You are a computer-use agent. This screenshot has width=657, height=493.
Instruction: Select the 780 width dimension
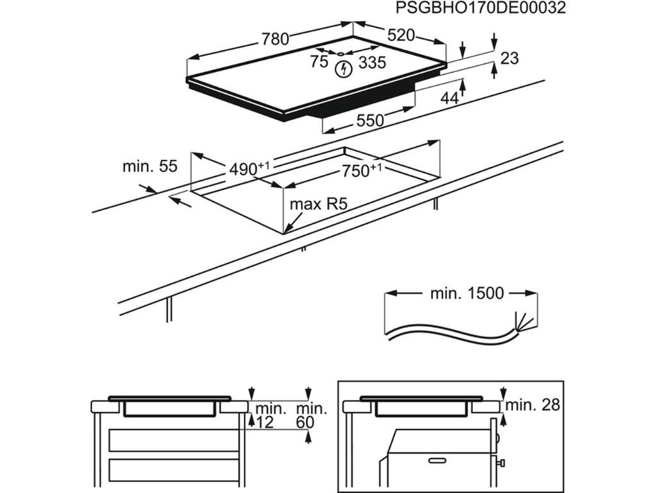coord(275,39)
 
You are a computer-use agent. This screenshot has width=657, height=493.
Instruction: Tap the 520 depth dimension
coord(401,35)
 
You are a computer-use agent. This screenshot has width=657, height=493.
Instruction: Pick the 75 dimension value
coord(319,62)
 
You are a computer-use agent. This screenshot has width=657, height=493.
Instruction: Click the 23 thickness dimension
coord(509,58)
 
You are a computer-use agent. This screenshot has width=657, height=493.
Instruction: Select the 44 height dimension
coord(450,98)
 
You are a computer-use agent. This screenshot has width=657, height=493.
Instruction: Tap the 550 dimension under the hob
coord(370,120)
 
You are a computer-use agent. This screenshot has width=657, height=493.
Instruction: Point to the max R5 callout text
coord(318,204)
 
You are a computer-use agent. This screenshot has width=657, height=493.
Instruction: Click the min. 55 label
coord(149,167)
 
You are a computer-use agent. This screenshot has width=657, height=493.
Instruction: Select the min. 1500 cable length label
coord(466,294)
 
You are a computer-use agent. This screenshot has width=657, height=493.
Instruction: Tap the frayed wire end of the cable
coord(522,322)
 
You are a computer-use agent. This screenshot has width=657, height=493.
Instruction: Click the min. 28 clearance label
coord(533,405)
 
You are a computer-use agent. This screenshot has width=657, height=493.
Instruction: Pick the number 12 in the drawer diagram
coord(265,422)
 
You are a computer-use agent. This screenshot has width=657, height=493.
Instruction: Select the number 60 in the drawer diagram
coord(305,422)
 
